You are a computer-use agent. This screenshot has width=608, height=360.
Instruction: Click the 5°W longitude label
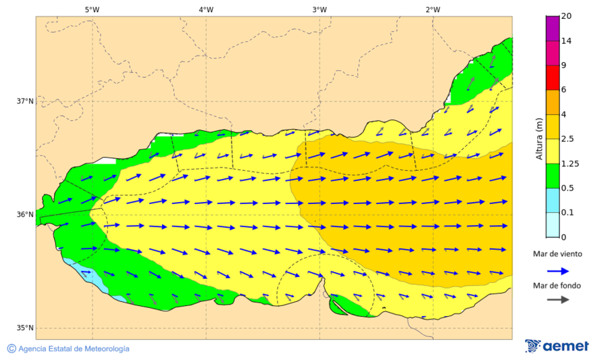[93, 9]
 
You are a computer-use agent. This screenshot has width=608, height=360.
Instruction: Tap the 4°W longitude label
[206, 9]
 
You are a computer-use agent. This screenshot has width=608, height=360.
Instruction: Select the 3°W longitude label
[320, 9]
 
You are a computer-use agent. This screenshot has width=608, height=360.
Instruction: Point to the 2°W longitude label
[433, 9]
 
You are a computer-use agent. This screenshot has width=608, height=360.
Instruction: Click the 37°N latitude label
[25, 101]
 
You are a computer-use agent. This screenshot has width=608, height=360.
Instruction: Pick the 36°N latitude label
[25, 215]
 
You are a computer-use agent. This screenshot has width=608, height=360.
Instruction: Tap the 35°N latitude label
[25, 328]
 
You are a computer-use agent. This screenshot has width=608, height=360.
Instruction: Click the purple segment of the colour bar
[553, 28]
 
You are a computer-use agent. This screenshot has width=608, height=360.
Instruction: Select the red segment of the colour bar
[553, 77]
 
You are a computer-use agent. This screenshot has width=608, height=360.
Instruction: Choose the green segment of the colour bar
[553, 176]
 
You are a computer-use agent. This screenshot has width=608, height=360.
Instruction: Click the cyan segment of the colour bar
[553, 200]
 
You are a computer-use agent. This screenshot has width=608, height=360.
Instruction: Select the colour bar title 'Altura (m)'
[539, 138]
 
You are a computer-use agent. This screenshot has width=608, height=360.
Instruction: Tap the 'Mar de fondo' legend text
[557, 286]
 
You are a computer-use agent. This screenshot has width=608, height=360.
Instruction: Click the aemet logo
[557, 346]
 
